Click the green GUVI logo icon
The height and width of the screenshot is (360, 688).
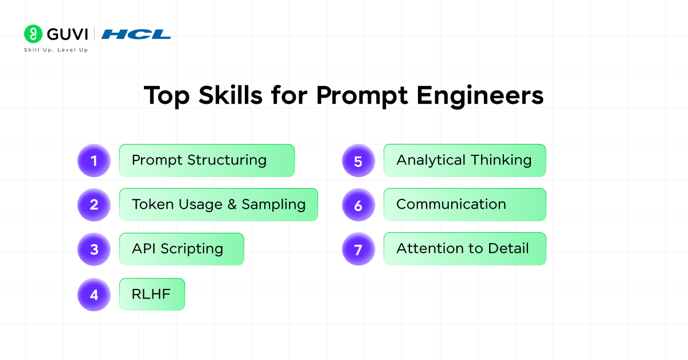(33, 34)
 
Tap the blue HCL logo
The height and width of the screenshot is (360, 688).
(136, 34)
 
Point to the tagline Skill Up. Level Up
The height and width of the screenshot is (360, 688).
(56, 50)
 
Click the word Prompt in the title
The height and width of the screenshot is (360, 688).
(362, 96)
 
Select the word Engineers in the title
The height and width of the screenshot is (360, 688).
(480, 96)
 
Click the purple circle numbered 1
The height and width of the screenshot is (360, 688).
(94, 161)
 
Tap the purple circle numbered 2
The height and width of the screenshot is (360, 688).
(94, 205)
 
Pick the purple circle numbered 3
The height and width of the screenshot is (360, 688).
(94, 249)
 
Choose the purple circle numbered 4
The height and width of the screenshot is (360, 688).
(94, 295)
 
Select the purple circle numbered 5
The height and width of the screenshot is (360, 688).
(358, 161)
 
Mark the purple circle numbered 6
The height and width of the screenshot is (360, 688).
(358, 205)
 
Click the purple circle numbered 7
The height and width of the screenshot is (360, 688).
(358, 249)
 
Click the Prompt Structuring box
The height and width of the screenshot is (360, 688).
(207, 161)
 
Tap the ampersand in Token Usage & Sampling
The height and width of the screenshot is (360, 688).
(232, 204)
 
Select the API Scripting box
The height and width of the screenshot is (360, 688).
(182, 249)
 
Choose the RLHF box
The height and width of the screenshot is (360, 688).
(152, 294)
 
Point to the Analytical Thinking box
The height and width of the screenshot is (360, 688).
(465, 161)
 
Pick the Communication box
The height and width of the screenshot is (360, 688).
(465, 205)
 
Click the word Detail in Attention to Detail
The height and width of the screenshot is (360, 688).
(509, 248)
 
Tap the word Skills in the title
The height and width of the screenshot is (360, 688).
(230, 95)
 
